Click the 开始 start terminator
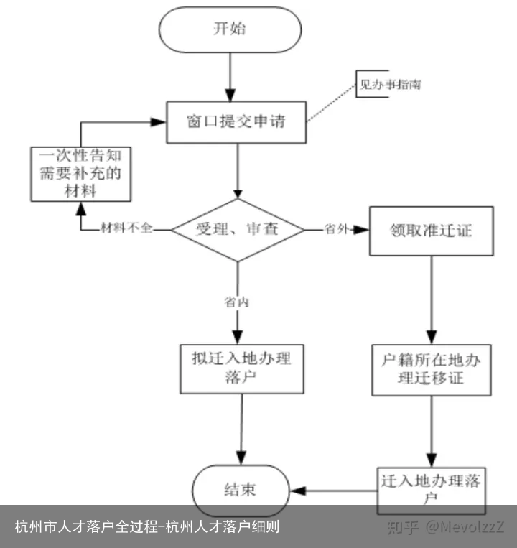pyautogui.click(x=229, y=29)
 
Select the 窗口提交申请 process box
pyautogui.click(x=236, y=121)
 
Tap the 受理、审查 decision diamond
pyautogui.click(x=238, y=230)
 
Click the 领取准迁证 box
pyautogui.click(x=431, y=231)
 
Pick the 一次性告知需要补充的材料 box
pyautogui.click(x=80, y=174)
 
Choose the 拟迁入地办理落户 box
pyautogui.click(x=241, y=368)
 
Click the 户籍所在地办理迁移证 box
pyautogui.click(x=431, y=368)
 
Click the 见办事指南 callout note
pyautogui.click(x=390, y=85)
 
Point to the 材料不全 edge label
pyautogui.click(x=126, y=230)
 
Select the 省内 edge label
pyautogui.click(x=236, y=302)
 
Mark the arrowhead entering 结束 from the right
pyautogui.click(x=298, y=491)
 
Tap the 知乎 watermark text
pyautogui.click(x=402, y=527)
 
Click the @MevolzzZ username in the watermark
pyautogui.click(x=465, y=527)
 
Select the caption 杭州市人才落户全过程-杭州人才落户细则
pyautogui.click(x=147, y=527)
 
